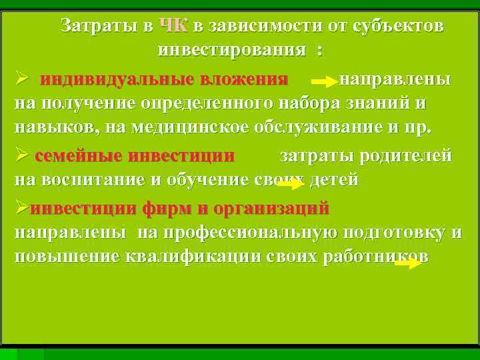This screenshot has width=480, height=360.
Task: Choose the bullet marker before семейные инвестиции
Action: click(x=21, y=156)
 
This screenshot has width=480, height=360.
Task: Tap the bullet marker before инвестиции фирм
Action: click(x=21, y=208)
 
